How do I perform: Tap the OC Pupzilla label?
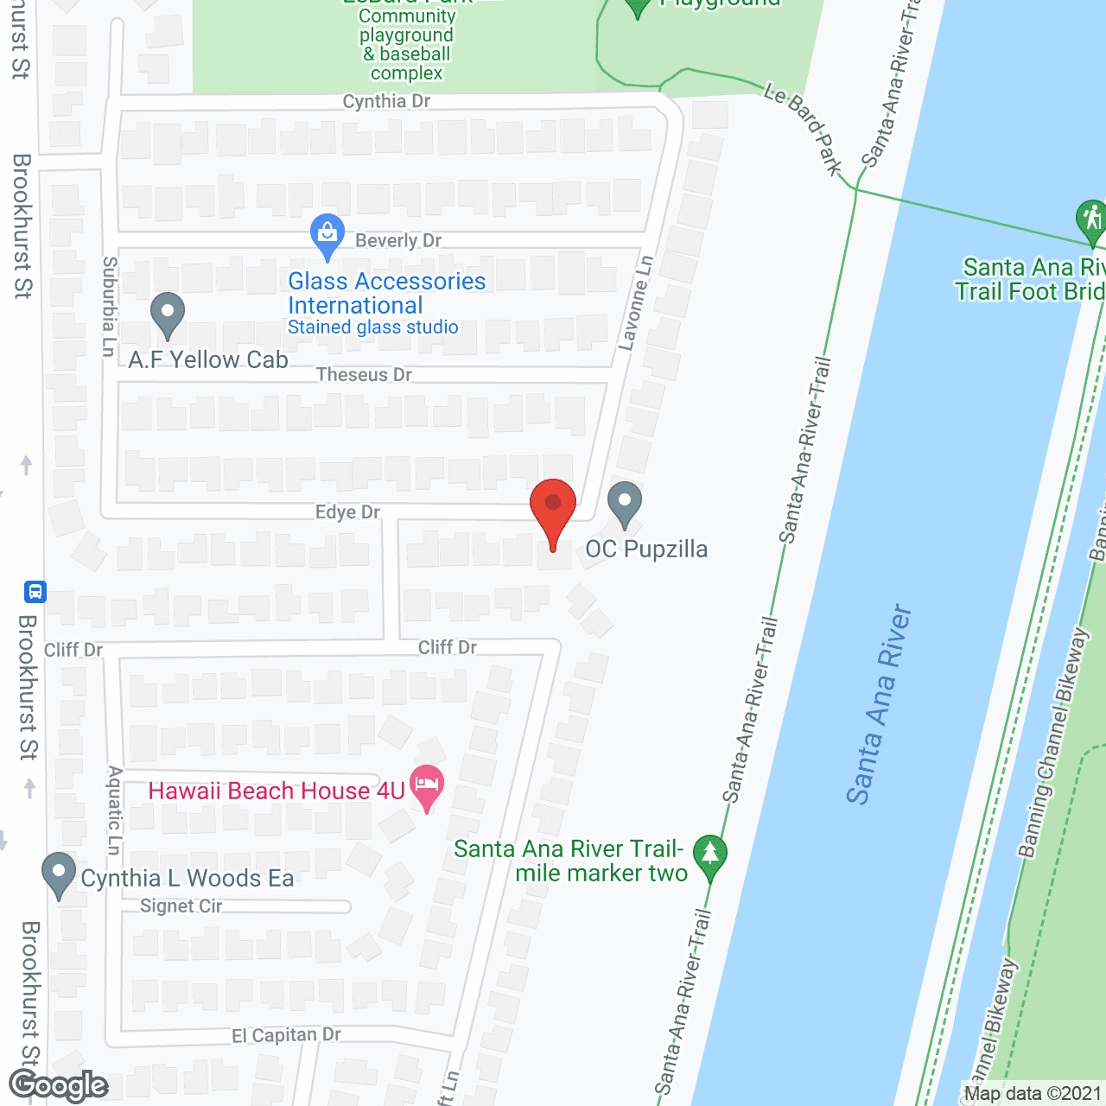(646, 550)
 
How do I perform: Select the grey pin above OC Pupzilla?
(625, 503)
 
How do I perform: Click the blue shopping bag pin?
(327, 234)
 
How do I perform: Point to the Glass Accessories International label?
(386, 294)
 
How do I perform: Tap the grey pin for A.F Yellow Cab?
(168, 314)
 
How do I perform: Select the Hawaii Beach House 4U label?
(276, 791)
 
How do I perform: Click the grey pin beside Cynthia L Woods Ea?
(59, 874)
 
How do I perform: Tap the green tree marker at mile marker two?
(709, 855)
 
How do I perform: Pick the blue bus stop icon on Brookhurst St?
(35, 592)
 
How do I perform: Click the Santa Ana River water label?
(879, 704)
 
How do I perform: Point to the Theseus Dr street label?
(364, 375)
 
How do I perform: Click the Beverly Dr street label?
(398, 241)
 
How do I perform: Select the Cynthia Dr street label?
(386, 101)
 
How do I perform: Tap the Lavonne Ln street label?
(635, 303)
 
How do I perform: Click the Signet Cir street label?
(181, 906)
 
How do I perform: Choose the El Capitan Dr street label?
(286, 1035)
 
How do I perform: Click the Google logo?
(58, 1085)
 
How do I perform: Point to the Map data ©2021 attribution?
(1033, 1094)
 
